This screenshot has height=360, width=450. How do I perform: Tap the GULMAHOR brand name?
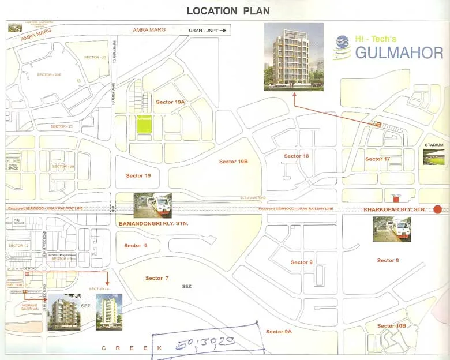pos(399,53)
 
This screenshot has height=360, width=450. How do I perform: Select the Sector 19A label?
pos(170,102)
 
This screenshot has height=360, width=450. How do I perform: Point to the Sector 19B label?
pos(233,162)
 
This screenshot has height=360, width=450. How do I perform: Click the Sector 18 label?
pos(297,156)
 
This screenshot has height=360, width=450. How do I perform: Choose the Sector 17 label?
pos(377,159)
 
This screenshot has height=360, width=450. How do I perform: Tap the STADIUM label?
pos(434,145)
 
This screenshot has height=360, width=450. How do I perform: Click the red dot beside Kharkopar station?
pos(437,209)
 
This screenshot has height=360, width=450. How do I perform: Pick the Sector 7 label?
pos(157,278)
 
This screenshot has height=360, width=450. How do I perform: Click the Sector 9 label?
pos(302,262)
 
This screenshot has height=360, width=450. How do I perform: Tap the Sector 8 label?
pos(388,260)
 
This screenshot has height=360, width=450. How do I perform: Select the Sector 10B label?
pos(392,326)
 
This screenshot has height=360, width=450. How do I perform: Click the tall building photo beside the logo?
pos(293,57)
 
